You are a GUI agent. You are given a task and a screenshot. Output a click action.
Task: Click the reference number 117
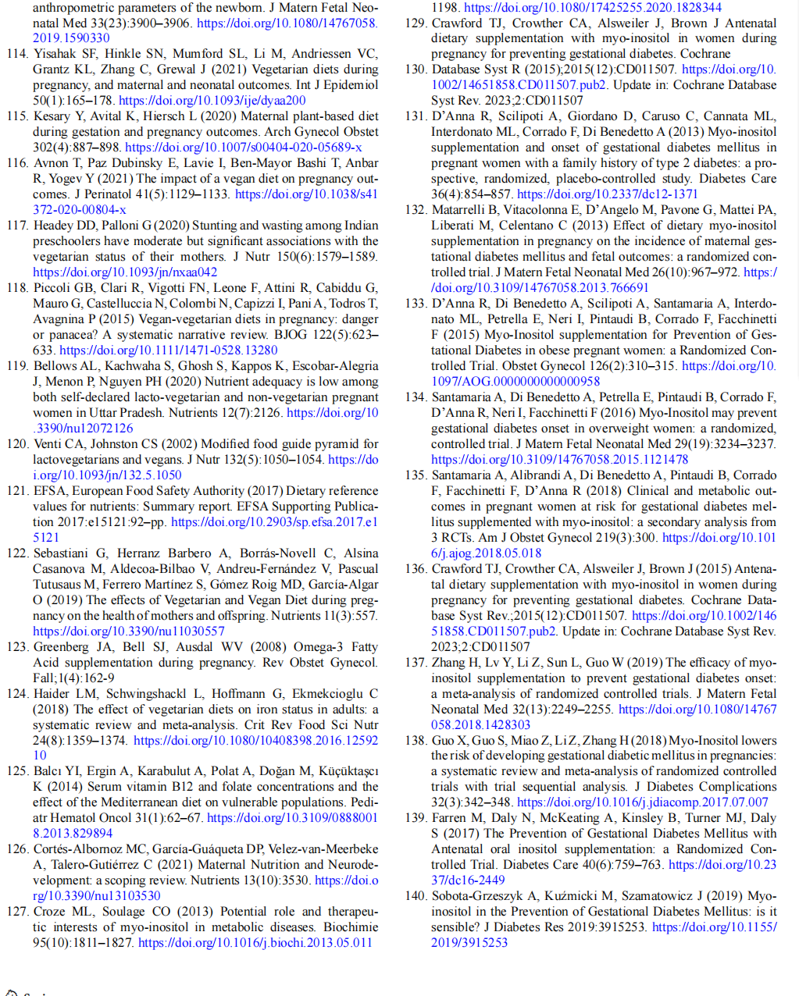(x=18, y=226)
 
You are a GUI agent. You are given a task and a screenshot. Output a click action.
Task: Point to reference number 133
(x=416, y=304)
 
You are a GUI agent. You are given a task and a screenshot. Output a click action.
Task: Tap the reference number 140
(x=416, y=896)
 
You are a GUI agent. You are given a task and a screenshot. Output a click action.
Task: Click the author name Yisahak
(x=59, y=54)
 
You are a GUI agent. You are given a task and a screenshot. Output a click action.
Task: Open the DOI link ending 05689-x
(x=243, y=148)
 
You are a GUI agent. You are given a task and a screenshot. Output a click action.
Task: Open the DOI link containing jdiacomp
(x=642, y=802)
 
